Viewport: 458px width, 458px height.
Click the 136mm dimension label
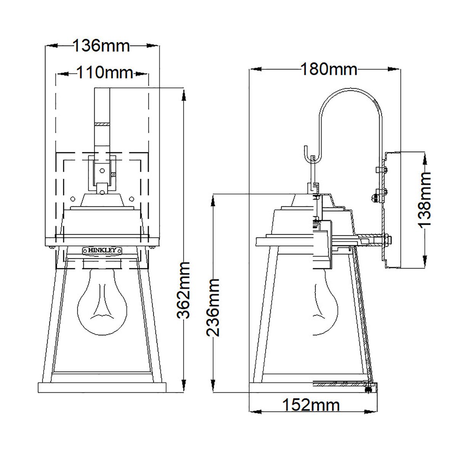(102, 46)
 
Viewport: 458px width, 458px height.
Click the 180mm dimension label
(329, 69)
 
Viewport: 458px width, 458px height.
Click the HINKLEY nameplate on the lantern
(102, 250)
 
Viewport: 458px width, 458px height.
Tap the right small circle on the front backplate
(132, 198)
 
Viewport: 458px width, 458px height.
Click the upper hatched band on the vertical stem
(102, 125)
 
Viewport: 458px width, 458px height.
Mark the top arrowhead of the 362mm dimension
(184, 94)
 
